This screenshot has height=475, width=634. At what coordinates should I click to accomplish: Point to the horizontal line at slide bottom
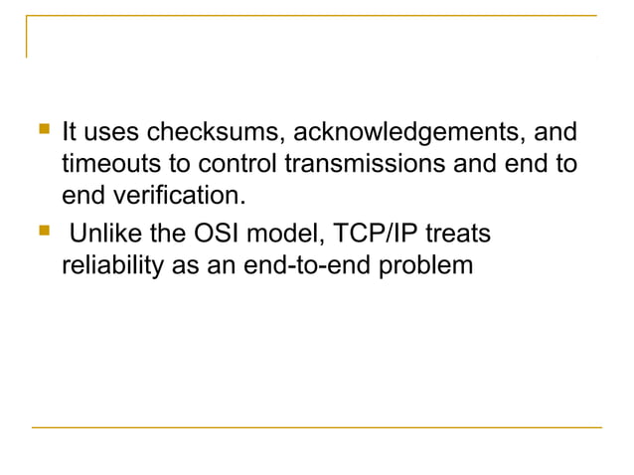(317, 427)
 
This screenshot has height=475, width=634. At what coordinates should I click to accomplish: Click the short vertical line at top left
(27, 39)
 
